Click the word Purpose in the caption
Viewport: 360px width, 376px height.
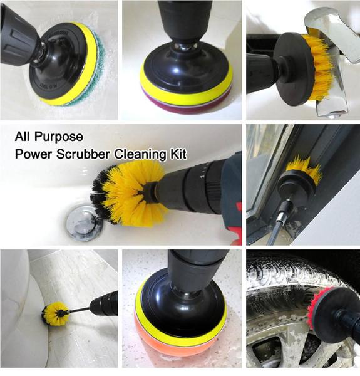point(59,137)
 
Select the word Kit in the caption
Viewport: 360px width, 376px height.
point(178,154)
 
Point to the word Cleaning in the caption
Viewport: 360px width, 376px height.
point(140,154)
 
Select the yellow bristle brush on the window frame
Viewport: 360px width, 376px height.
point(304,168)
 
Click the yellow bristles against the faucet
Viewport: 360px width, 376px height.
point(320,67)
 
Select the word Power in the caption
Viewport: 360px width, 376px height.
point(33,154)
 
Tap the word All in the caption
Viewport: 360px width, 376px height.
point(23,137)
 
